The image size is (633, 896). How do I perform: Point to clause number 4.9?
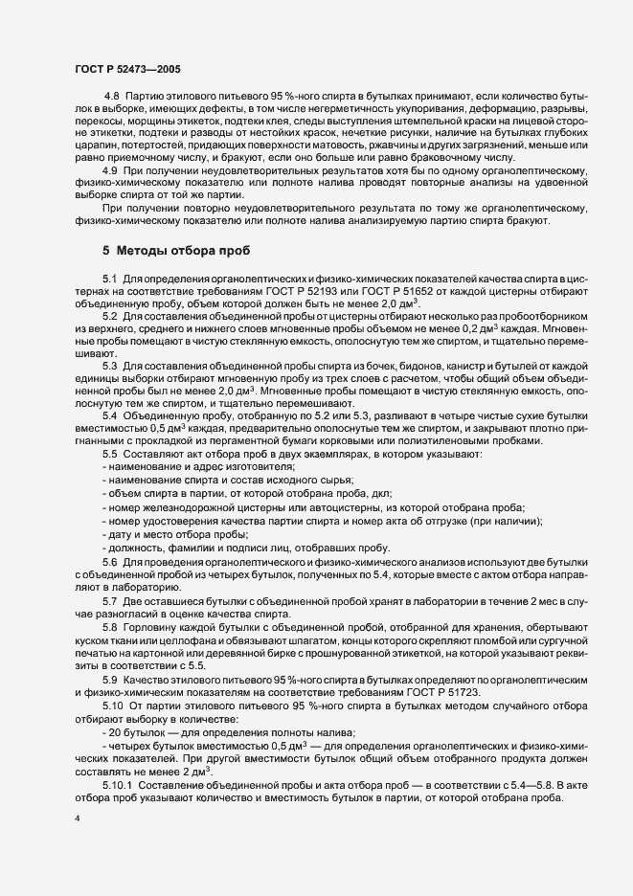[111, 169]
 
